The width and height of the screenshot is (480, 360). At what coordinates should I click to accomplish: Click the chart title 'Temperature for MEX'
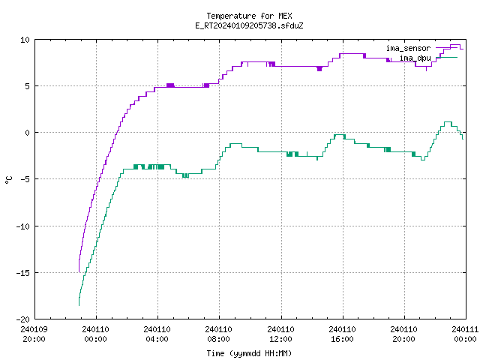coord(249,16)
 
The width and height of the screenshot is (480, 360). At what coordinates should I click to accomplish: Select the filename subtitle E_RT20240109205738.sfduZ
coord(249,25)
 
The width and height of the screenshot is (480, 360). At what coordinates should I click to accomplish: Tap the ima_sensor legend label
coord(408,48)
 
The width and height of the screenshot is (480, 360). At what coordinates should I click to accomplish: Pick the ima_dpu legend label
coord(415,58)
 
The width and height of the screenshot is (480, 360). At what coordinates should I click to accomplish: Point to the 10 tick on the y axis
coord(25,40)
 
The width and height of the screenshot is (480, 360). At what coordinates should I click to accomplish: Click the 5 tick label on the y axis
coord(27,86)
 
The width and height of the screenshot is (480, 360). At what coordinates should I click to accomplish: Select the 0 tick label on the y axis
coord(27,133)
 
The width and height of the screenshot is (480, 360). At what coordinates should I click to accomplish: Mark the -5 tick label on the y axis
coord(25,179)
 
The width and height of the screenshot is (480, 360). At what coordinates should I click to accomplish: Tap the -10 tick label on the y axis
coord(22,226)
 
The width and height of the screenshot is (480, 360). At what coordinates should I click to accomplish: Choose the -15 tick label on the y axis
coord(22,273)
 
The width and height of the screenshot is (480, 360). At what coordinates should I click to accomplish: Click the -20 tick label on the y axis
coord(22,319)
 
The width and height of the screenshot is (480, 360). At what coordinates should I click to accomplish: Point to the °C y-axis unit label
coord(8,180)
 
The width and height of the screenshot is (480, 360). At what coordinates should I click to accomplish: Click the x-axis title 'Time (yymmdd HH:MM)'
coord(249,353)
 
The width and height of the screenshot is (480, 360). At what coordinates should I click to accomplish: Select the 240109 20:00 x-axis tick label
coord(34,334)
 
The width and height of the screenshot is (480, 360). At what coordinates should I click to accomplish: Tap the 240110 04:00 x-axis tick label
coord(157,334)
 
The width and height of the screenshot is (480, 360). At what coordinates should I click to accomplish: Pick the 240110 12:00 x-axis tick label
coord(280,334)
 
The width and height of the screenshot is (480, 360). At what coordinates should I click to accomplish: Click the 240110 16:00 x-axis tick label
coord(342,334)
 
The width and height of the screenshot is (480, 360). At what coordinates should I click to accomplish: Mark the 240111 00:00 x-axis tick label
coord(465,334)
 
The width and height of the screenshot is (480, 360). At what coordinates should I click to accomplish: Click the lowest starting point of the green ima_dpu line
coord(79,305)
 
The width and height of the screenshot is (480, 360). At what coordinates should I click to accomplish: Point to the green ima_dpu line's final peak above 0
coord(448,121)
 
